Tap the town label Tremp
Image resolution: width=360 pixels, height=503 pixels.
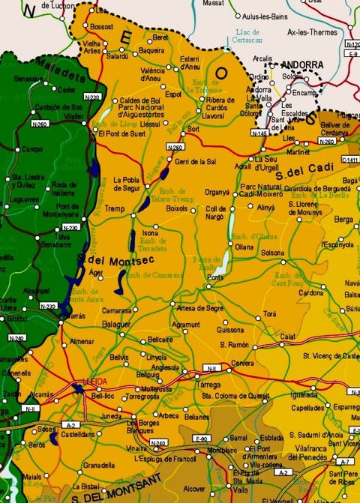[x=114, y=208]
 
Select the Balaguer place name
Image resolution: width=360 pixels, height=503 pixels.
[x=116, y=325]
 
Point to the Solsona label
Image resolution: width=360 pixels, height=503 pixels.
[x=272, y=253]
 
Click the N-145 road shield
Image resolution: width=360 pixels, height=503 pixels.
[x=259, y=133]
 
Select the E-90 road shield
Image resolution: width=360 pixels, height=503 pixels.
[x=200, y=438]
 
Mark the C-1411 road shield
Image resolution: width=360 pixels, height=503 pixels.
[x=349, y=159]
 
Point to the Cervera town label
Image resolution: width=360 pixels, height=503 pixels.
[x=242, y=363]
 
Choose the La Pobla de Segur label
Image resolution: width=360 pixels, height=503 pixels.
[x=127, y=184]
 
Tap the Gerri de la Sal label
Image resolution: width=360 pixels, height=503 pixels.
[x=195, y=161]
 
